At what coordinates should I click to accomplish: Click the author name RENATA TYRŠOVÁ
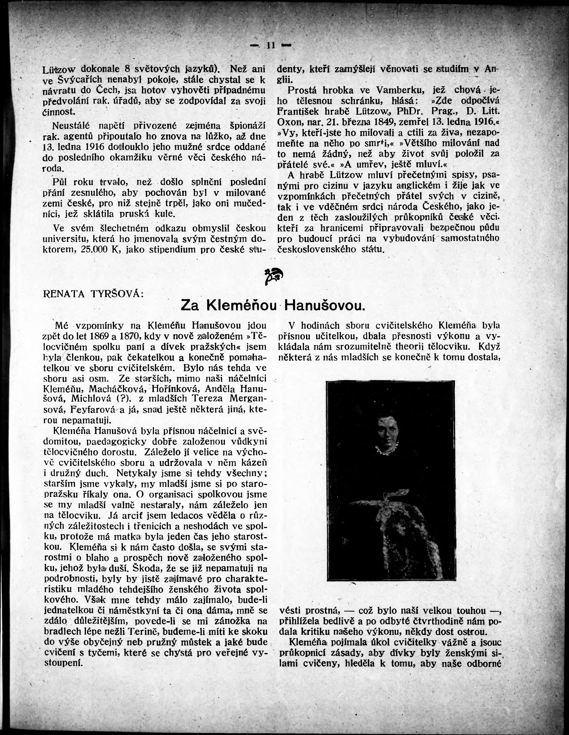pos(94,294)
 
